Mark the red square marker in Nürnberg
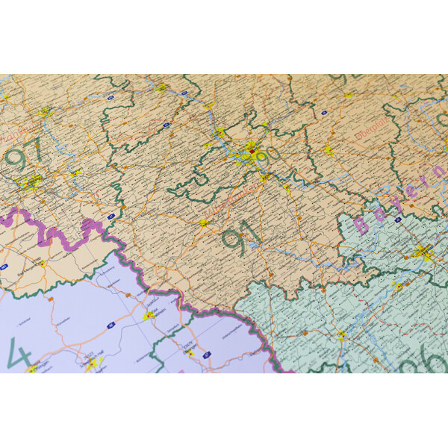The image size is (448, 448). pyautogui.click(x=252, y=154)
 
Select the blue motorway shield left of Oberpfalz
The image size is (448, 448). pyautogui.click(x=323, y=113)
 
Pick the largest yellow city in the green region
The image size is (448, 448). pyautogui.click(x=423, y=252)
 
